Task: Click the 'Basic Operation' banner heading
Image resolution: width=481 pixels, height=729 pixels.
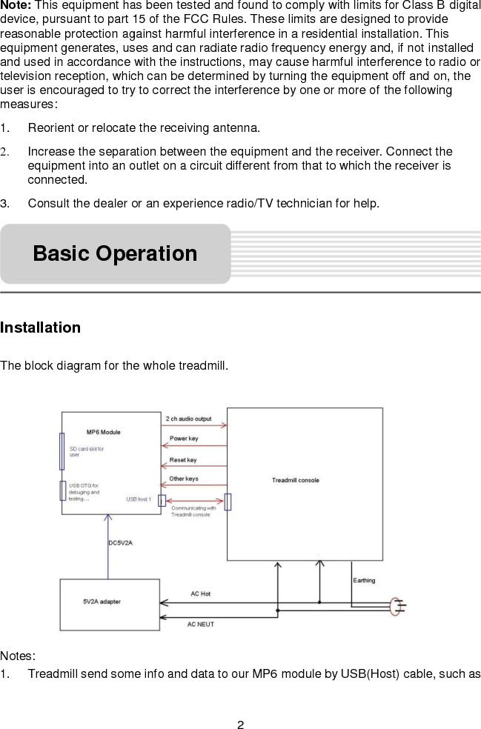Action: (x=115, y=253)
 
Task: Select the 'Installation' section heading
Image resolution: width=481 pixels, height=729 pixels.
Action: (x=41, y=327)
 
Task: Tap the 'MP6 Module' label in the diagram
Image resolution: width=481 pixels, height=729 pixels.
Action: (x=103, y=432)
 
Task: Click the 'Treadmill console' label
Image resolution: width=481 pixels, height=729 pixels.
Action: (x=296, y=480)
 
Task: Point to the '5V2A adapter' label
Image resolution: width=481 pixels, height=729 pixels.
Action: (x=102, y=602)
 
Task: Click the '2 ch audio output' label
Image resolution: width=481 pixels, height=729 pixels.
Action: (x=188, y=419)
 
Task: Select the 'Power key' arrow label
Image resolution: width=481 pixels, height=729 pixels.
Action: (x=184, y=439)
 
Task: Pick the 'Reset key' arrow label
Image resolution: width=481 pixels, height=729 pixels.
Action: (x=183, y=460)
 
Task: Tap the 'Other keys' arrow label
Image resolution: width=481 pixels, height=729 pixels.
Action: (x=184, y=479)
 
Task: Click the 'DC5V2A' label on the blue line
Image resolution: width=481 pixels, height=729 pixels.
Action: (x=121, y=543)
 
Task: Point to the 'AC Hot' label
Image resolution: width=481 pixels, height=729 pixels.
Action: (x=200, y=593)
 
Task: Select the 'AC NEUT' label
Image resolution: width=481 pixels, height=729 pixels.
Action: (x=200, y=625)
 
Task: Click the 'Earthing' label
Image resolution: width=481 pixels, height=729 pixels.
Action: (x=364, y=580)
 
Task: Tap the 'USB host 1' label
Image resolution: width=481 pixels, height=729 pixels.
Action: (x=139, y=499)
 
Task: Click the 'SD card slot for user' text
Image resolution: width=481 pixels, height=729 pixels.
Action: (x=86, y=452)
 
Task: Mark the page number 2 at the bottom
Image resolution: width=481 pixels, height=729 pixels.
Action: (x=240, y=724)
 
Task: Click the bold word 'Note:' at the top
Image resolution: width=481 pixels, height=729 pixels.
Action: (x=16, y=5)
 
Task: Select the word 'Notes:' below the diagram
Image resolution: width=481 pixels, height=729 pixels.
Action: (x=19, y=656)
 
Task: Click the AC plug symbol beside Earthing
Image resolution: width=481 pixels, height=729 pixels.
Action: (x=397, y=606)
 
